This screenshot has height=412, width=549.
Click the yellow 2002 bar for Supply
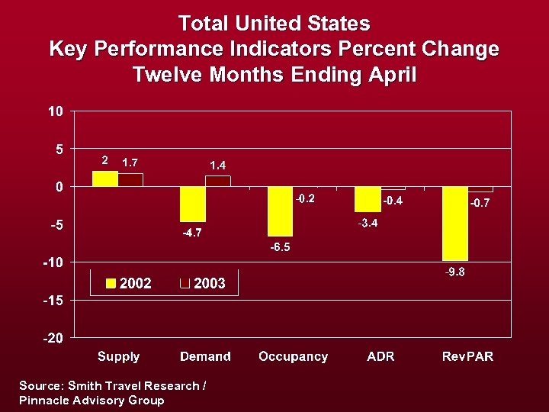105,179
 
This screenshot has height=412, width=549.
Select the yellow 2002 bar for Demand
193,204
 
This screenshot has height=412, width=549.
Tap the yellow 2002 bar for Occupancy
280,211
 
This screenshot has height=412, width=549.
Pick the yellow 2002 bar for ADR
368,199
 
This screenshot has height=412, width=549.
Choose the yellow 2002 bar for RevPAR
455,224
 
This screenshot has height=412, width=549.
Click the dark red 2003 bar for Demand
217,181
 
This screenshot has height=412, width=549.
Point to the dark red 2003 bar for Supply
130,180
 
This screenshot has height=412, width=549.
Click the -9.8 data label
455,272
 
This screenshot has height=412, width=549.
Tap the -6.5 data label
280,247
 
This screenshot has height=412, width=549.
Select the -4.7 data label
192,233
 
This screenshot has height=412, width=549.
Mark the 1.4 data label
218,165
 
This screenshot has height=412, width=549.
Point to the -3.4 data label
368,223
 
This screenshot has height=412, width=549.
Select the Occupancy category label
293,356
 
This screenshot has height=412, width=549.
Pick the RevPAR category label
467,356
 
